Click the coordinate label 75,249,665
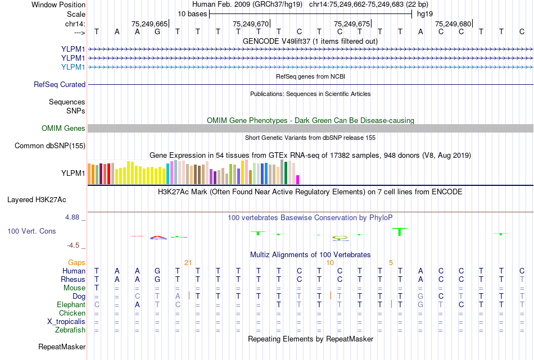[x=150, y=24]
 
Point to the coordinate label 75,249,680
[x=453, y=24]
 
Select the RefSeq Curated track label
[x=60, y=85]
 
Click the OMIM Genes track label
[x=64, y=129]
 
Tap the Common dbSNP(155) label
[x=50, y=146]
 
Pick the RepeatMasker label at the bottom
[x=62, y=347]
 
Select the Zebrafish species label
[x=70, y=330]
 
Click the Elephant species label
[x=71, y=304]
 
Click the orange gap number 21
[x=188, y=262]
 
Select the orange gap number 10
[x=331, y=262]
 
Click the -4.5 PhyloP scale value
[x=73, y=245]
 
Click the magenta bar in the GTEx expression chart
[x=298, y=179]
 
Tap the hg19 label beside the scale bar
[x=426, y=13]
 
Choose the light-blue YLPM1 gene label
[x=73, y=67]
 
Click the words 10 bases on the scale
[x=192, y=13]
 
